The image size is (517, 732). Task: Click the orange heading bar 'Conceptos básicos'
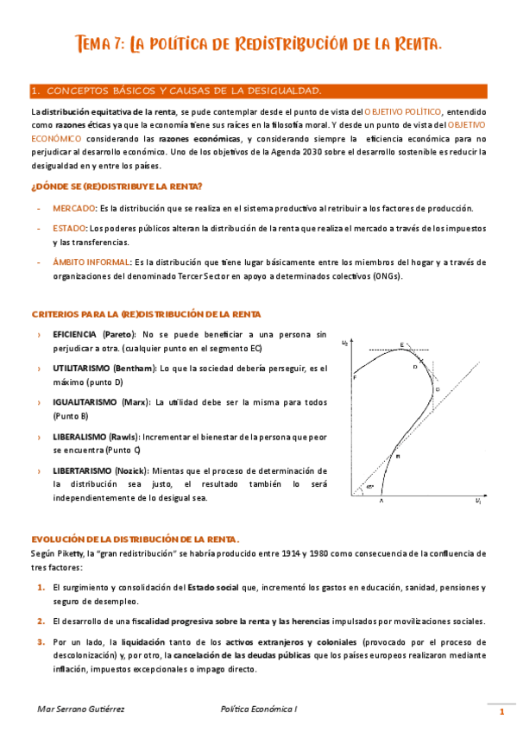[x=258, y=91]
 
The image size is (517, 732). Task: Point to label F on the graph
[x=355, y=377]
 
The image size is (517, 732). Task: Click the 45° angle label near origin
[x=369, y=488]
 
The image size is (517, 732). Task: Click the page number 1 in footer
[x=501, y=711]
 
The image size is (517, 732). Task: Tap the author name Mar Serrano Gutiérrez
[x=76, y=709]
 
